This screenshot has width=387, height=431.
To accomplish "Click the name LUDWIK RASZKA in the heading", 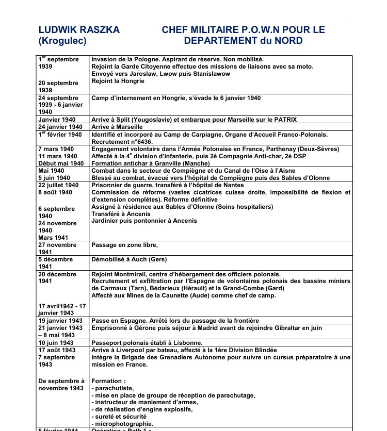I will coord(79,30).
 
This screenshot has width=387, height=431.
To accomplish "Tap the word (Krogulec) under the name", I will coord(59,41).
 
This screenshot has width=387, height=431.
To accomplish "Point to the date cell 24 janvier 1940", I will coord(60,127).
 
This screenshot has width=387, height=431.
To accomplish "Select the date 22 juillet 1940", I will coord(58,185).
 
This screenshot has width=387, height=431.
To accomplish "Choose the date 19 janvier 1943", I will coord(60,321).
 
